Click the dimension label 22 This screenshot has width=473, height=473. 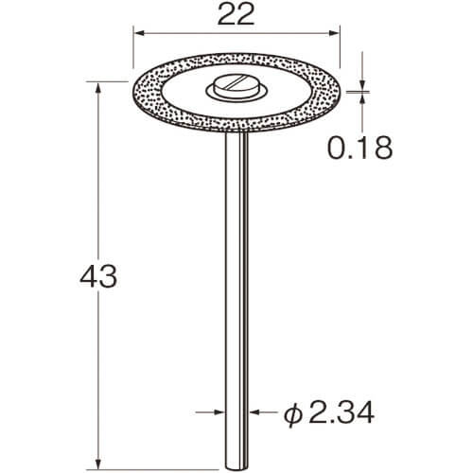point(236,15)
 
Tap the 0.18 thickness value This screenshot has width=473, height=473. point(360,148)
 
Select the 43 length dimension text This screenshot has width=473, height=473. point(98,276)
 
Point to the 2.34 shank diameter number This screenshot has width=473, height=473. point(342,412)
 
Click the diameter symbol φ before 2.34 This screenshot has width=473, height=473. point(293,413)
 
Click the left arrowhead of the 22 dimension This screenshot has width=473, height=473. point(139,33)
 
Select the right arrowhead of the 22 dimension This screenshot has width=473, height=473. point(334,33)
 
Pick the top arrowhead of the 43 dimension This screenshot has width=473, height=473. point(98,87)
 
